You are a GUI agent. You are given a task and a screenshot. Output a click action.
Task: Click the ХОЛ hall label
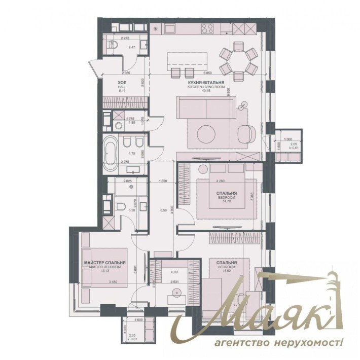pyautogui.click(x=108, y=82)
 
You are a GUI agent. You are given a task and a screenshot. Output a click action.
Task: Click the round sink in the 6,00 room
pyautogui.click(x=177, y=292)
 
